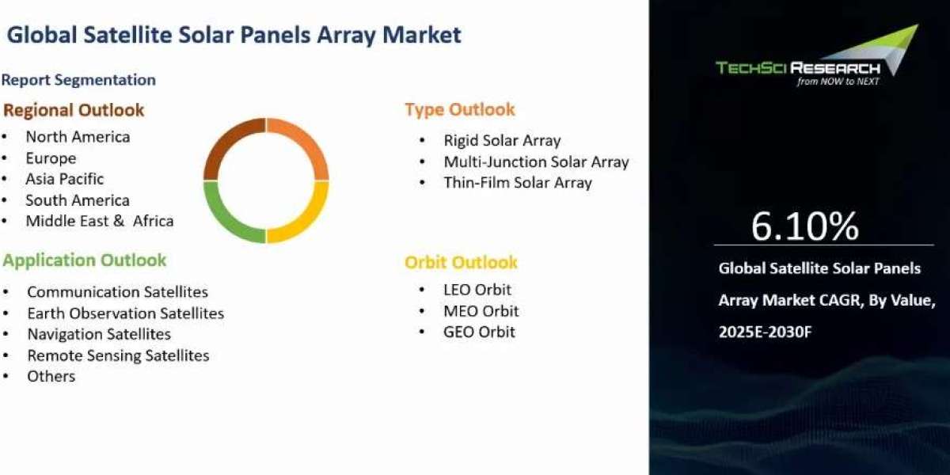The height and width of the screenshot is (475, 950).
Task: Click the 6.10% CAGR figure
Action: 805,226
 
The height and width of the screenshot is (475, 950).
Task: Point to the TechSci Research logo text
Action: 798,68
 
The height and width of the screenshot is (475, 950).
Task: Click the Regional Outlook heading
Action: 74,110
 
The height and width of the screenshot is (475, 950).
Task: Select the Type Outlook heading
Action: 460,109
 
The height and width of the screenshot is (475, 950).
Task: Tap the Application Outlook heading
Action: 85,260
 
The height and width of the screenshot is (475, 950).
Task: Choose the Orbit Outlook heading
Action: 461,263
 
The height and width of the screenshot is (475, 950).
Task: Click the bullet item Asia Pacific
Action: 64,179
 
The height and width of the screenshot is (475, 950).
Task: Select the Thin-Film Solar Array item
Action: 518,183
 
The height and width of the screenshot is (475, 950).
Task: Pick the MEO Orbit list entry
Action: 481,311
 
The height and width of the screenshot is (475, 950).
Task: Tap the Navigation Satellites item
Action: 99,334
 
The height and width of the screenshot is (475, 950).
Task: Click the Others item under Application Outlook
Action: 51,376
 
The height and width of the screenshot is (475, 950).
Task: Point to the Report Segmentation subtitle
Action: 78,80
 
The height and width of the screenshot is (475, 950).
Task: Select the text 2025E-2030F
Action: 765,332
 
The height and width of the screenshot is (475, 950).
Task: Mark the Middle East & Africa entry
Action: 100,221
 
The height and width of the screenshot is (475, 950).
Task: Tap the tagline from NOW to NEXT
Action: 838,82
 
